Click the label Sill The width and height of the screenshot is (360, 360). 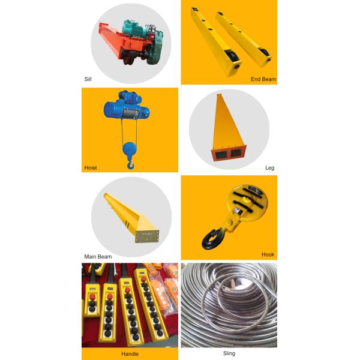click(88, 79)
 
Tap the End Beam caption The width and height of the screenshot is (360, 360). click(263, 79)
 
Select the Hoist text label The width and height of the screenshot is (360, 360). click(91, 168)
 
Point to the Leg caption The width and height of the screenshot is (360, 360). click(270, 168)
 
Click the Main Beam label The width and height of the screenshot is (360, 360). click(98, 257)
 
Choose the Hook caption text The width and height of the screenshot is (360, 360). click(268, 254)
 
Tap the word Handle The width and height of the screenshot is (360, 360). click(130, 354)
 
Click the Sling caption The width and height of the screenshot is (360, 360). click(229, 353)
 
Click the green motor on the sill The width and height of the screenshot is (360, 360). click(133, 28)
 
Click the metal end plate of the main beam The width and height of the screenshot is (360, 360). click(147, 236)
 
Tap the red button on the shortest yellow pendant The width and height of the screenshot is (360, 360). click(92, 296)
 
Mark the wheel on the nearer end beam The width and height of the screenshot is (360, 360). click(232, 56)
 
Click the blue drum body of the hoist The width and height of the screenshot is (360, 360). click(115, 110)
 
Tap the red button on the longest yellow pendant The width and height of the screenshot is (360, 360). click(144, 279)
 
